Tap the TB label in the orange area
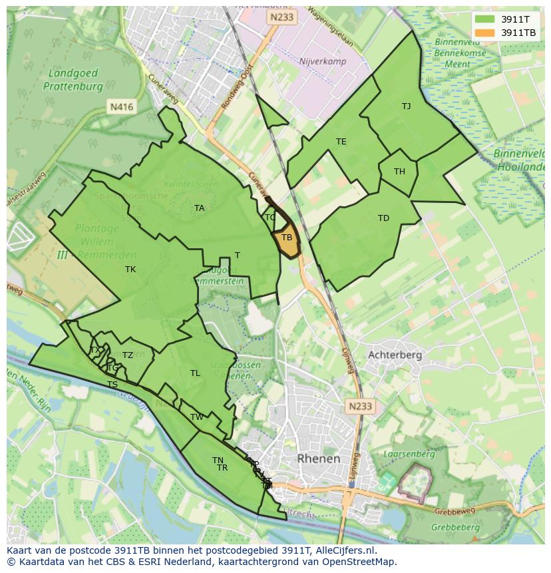[287, 238]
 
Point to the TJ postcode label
[406, 106]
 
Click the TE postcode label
[341, 142]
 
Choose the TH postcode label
[399, 172]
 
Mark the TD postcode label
[383, 218]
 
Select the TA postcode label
[199, 208]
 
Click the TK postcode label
[130, 270]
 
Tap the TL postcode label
[195, 373]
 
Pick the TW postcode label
[197, 417]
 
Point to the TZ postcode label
[128, 355]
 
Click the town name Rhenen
[319, 459]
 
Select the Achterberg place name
[395, 355]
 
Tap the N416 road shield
[122, 106]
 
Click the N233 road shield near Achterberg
[360, 405]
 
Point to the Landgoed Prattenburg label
[73, 80]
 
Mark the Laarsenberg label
[409, 455]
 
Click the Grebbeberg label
[456, 527]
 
